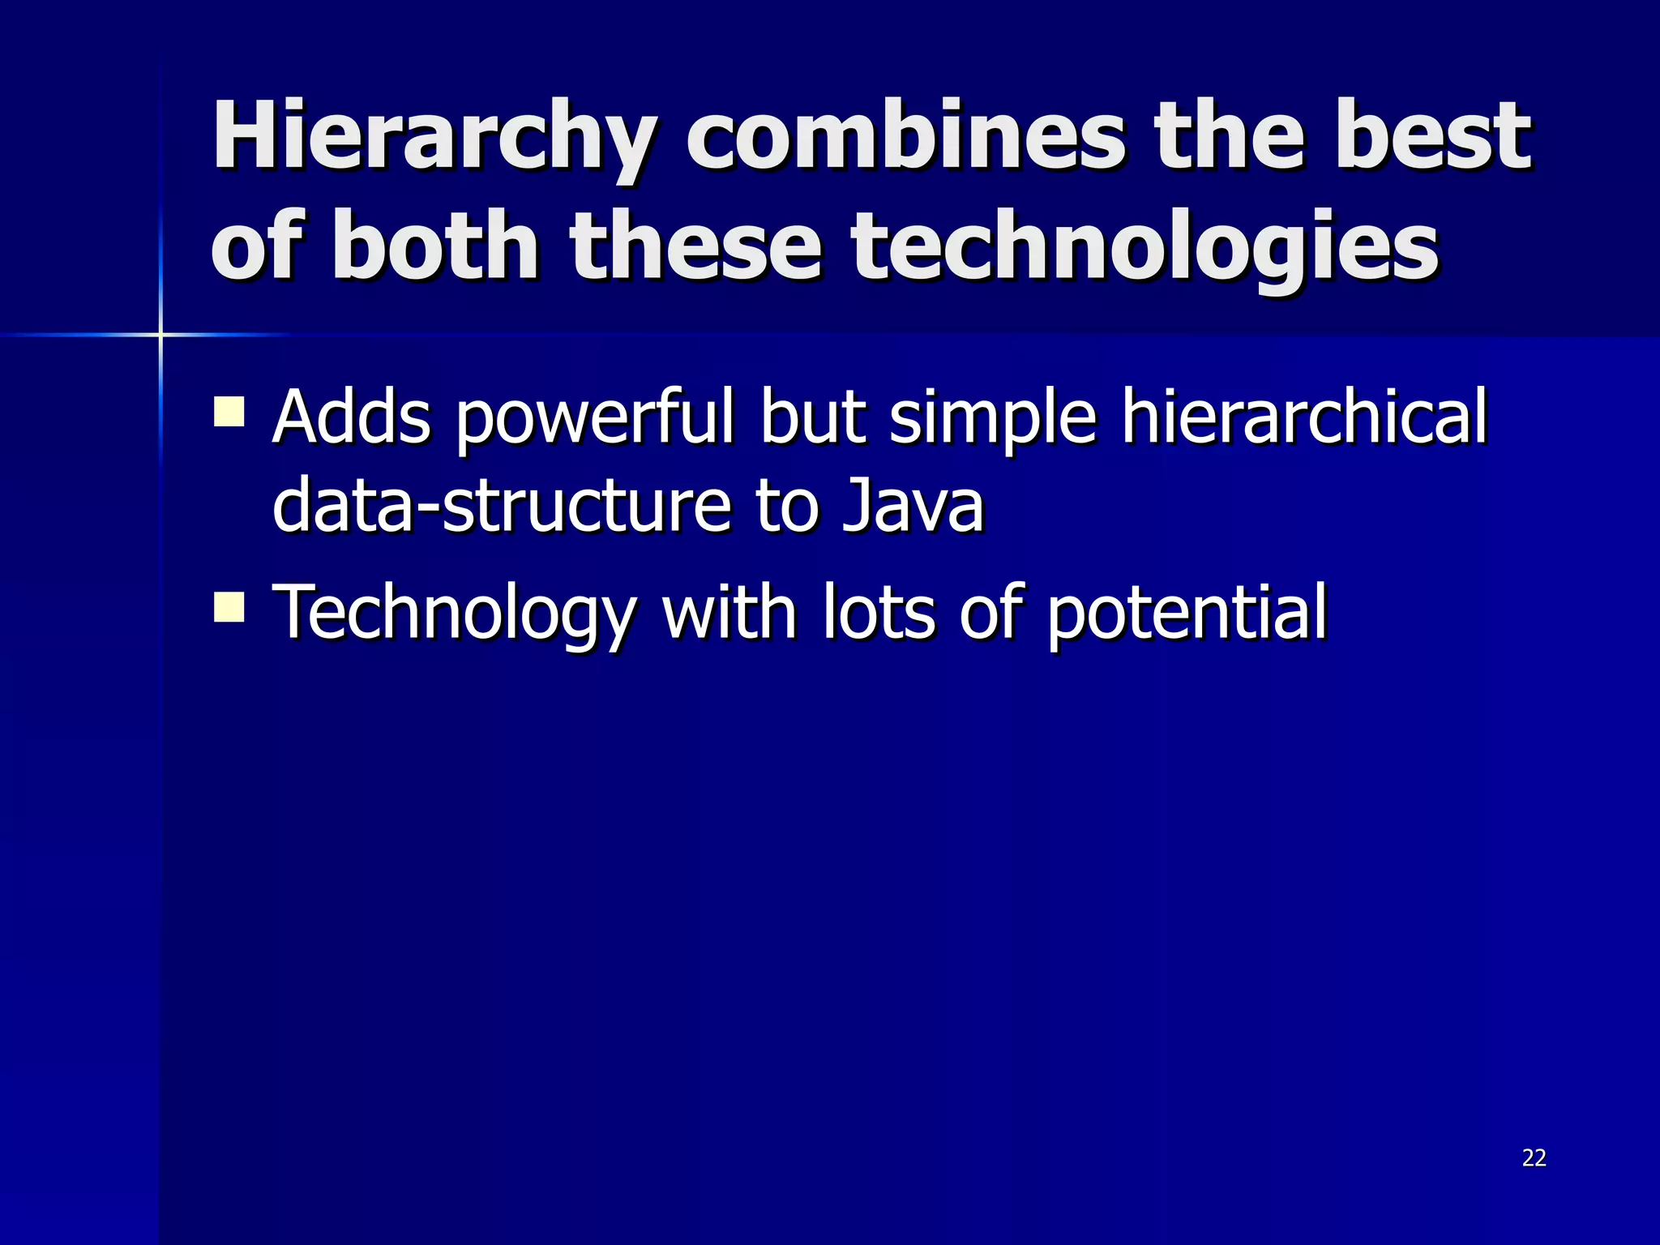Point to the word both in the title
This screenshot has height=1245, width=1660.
(434, 245)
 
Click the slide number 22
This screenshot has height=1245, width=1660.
(1534, 1157)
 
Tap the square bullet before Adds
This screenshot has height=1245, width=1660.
(229, 411)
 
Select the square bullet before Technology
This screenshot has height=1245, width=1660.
(229, 606)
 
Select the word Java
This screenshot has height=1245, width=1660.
(912, 505)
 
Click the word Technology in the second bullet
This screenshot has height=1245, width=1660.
(455, 614)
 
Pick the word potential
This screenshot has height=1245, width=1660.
(1187, 614)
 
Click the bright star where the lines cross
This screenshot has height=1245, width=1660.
(160, 334)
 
